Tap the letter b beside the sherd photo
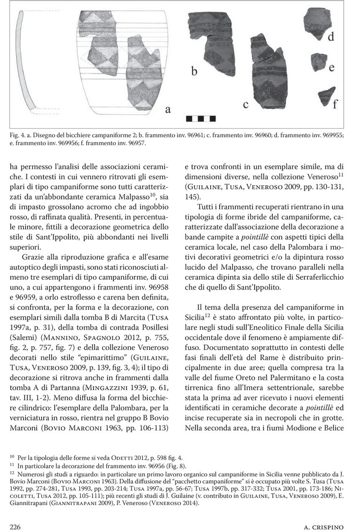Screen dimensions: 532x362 click(195, 71)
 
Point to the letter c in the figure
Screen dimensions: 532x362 click(245, 104)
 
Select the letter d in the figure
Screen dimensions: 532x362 click(331, 36)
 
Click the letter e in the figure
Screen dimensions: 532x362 click(331, 66)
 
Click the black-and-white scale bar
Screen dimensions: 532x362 click(195, 118)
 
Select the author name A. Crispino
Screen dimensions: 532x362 click(329, 527)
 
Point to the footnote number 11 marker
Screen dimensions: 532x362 click(12, 465)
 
